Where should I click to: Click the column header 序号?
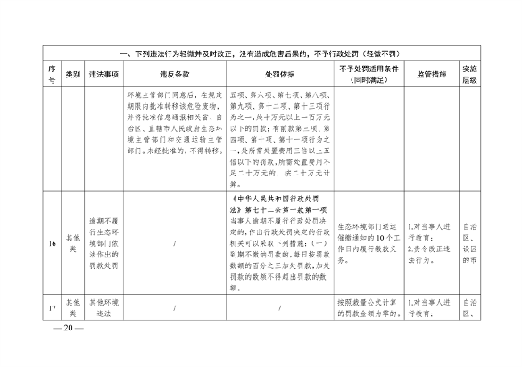point(52,72)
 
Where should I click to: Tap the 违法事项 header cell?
point(110,72)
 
